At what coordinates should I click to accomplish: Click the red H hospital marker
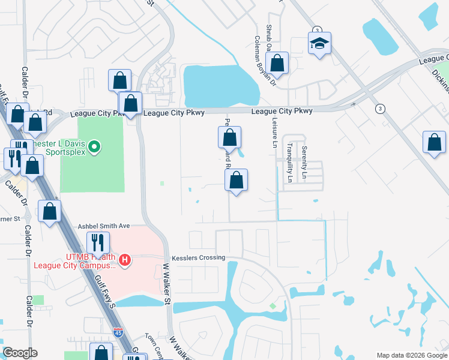pyautogui.click(x=125, y=260)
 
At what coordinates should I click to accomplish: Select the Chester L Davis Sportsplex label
pyautogui.click(x=60, y=147)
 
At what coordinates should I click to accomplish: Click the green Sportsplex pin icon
pyautogui.click(x=94, y=146)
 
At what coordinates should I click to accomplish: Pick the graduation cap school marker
pyautogui.click(x=320, y=43)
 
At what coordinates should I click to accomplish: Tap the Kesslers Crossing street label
pyautogui.click(x=198, y=257)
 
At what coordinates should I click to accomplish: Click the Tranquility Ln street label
pyautogui.click(x=289, y=163)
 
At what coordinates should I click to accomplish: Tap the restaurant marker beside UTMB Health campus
pyautogui.click(x=97, y=242)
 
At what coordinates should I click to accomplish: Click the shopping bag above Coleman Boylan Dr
pyautogui.click(x=277, y=62)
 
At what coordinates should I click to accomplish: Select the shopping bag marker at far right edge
pyautogui.click(x=434, y=143)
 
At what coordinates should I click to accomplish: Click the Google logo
pyautogui.click(x=20, y=353)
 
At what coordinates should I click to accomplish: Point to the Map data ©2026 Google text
pyautogui.click(x=412, y=355)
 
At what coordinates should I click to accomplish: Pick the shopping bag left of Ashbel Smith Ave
pyautogui.click(x=49, y=211)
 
